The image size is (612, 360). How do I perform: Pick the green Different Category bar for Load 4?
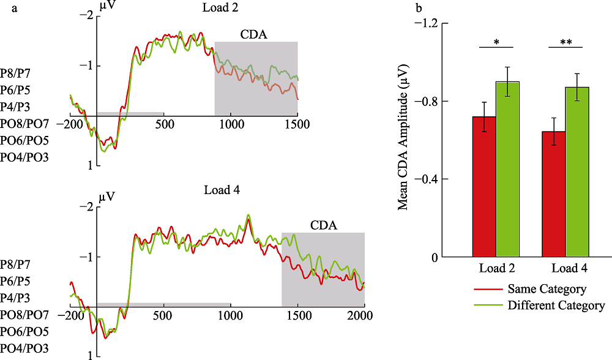[577, 172]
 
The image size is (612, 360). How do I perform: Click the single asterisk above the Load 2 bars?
[496, 42]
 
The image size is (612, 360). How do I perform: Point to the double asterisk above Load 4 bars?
[565, 42]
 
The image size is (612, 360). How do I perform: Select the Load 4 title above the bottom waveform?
[222, 190]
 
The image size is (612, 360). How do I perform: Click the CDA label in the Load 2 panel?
[255, 34]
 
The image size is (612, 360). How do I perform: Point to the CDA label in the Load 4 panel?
[323, 225]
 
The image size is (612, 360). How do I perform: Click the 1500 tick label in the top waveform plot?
[297, 123]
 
